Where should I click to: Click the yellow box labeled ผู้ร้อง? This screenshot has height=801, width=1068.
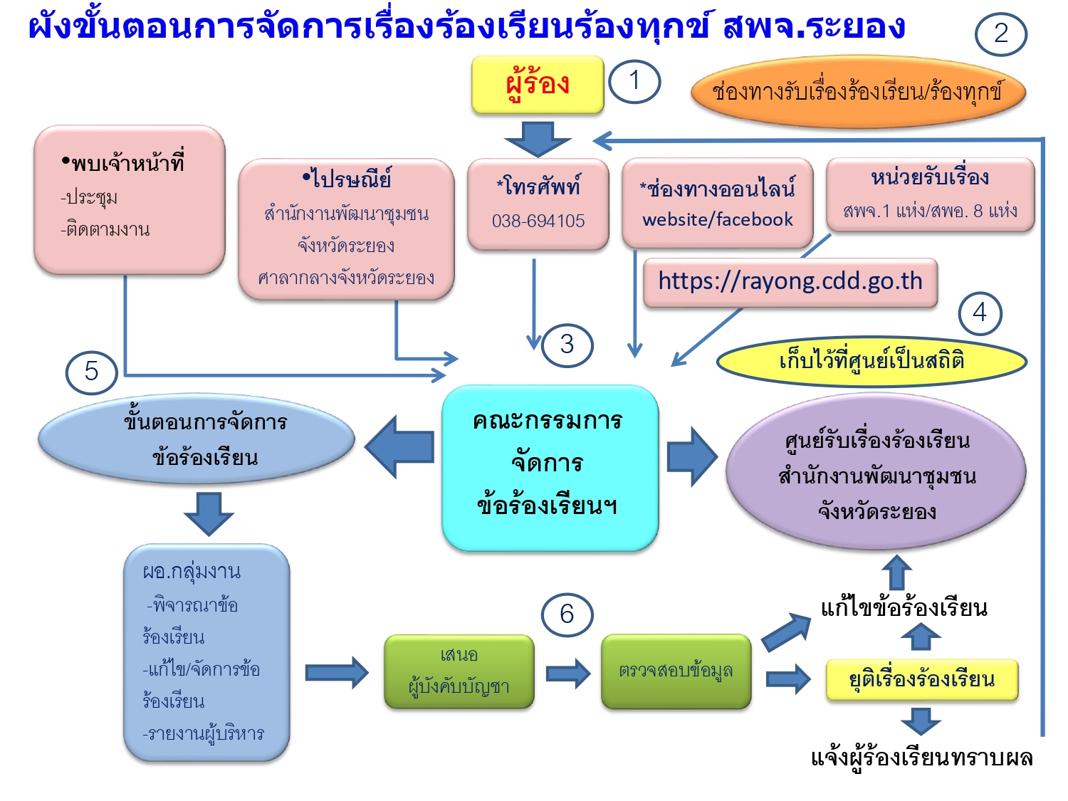[x=538, y=85]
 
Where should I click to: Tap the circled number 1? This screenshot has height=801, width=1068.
[x=634, y=81]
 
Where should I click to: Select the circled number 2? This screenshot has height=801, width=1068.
[x=1000, y=33]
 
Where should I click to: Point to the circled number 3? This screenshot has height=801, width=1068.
[x=567, y=345]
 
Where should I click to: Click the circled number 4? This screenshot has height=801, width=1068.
[x=980, y=313]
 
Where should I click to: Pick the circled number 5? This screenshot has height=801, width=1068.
[x=91, y=372]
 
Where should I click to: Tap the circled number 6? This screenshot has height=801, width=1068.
[x=567, y=614]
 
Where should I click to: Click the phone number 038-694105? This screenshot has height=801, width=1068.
[x=538, y=221]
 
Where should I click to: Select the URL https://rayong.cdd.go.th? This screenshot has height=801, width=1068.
[x=790, y=281]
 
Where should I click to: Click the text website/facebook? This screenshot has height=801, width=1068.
[x=718, y=219]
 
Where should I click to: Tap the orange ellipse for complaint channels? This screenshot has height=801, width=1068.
[x=858, y=92]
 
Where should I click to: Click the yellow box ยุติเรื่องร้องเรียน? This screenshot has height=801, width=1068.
[x=922, y=679]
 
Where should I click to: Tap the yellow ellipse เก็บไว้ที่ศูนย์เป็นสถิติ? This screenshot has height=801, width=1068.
[x=871, y=361]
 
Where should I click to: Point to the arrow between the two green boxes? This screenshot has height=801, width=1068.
[x=567, y=673]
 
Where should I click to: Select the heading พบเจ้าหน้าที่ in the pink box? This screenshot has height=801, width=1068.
[x=127, y=164]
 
